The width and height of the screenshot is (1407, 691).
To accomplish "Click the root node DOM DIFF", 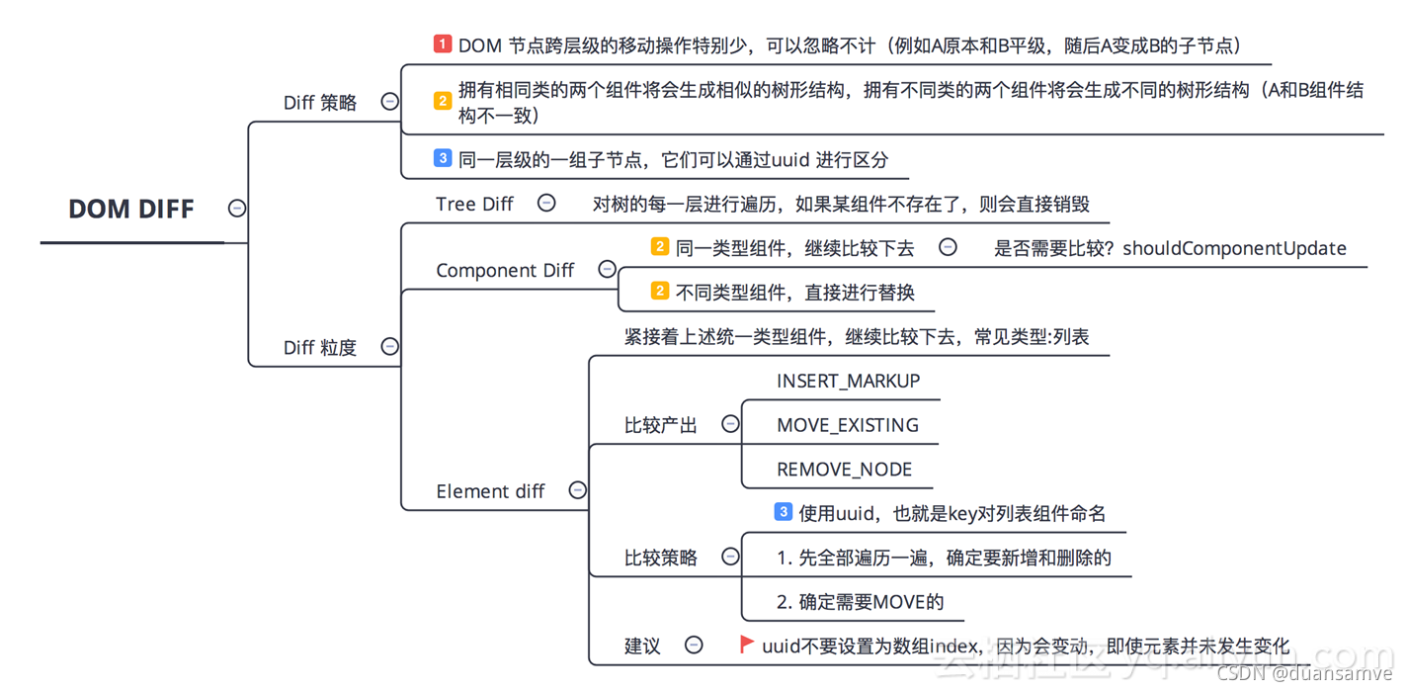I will pyautogui.click(x=131, y=209).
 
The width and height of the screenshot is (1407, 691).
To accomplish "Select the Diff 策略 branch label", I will pyautogui.click(x=320, y=102).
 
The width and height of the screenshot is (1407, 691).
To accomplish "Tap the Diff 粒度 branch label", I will pyautogui.click(x=320, y=347).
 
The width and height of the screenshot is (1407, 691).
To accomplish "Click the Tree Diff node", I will pyautogui.click(x=474, y=204).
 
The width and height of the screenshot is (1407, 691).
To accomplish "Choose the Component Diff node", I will pyautogui.click(x=505, y=270).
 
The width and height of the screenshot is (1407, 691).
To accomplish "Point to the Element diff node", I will pyautogui.click(x=490, y=491).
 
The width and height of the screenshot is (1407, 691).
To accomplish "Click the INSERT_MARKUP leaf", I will pyautogui.click(x=848, y=381).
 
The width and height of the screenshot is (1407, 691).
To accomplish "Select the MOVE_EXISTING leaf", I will pyautogui.click(x=848, y=425).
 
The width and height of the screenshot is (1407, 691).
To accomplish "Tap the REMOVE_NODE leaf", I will pyautogui.click(x=844, y=470).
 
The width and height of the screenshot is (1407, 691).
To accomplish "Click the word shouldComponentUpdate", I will pyautogui.click(x=1234, y=248).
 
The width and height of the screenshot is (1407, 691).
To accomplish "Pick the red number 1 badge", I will pyautogui.click(x=443, y=44).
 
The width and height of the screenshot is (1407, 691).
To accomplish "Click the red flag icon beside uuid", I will pyautogui.click(x=747, y=645).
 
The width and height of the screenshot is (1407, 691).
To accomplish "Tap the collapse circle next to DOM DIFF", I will pyautogui.click(x=237, y=208).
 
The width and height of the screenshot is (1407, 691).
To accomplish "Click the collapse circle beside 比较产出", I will pyautogui.click(x=730, y=424).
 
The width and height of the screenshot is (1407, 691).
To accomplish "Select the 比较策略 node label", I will pyautogui.click(x=660, y=558).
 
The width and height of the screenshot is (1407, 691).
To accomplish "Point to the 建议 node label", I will pyautogui.click(x=642, y=646).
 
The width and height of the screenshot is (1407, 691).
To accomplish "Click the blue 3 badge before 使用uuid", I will pyautogui.click(x=783, y=512).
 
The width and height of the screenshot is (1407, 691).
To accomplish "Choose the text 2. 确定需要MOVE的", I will pyautogui.click(x=860, y=602).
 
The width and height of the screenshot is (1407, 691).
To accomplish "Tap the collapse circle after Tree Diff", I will pyautogui.click(x=546, y=203).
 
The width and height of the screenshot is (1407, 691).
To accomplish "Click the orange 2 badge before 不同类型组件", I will pyautogui.click(x=660, y=291).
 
